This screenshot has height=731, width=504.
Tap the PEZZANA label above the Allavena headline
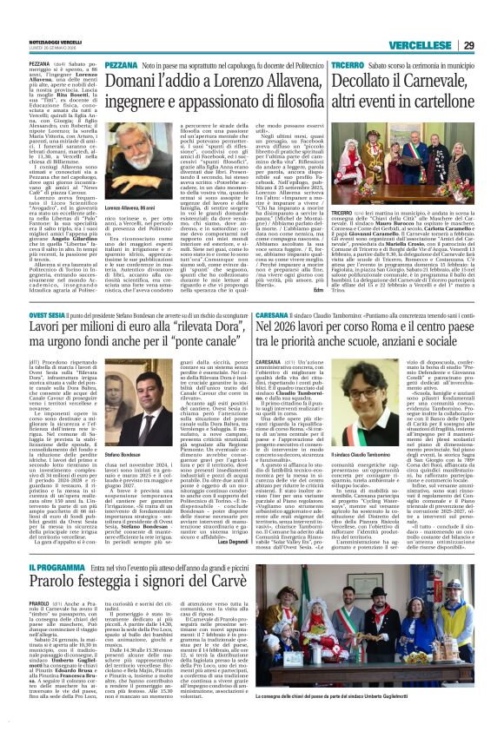click(121, 66)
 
